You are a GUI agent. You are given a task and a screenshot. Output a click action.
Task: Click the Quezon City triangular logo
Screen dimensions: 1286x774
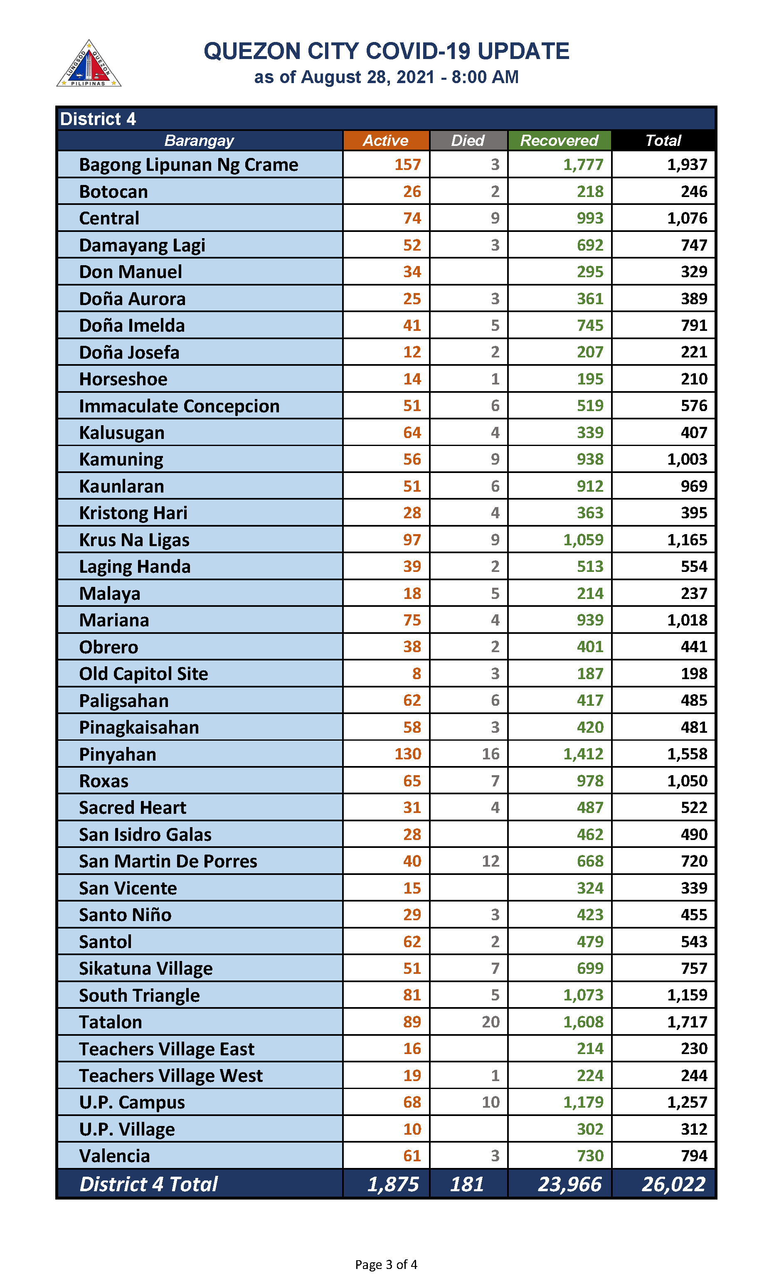point(89,64)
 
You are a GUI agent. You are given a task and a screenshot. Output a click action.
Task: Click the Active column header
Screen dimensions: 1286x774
point(385,140)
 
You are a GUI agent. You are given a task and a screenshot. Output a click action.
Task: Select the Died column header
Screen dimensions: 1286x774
point(468,140)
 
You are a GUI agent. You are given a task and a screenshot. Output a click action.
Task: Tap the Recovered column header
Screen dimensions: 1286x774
point(559,140)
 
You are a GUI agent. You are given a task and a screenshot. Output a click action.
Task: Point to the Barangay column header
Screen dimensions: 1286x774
point(199,140)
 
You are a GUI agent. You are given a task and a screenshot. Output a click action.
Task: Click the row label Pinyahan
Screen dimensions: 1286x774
point(118,754)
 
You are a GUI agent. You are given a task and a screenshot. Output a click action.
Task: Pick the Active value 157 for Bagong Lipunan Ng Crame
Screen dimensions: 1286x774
point(407,165)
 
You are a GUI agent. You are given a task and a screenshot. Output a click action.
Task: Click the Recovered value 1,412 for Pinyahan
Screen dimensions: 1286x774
point(583,754)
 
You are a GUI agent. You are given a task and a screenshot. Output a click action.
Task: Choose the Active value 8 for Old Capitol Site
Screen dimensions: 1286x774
point(416,673)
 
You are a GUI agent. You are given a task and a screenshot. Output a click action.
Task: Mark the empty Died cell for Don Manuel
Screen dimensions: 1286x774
point(468,272)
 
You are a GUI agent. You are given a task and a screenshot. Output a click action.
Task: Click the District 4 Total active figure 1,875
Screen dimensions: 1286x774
point(393,1184)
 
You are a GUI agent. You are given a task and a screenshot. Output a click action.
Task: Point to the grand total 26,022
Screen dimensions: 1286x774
point(673,1184)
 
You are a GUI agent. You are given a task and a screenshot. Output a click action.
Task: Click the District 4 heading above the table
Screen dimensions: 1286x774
point(98,119)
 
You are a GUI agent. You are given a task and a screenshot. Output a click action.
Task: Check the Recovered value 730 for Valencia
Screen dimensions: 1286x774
point(590,1155)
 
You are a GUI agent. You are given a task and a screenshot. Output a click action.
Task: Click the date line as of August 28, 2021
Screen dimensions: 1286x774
point(386,77)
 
